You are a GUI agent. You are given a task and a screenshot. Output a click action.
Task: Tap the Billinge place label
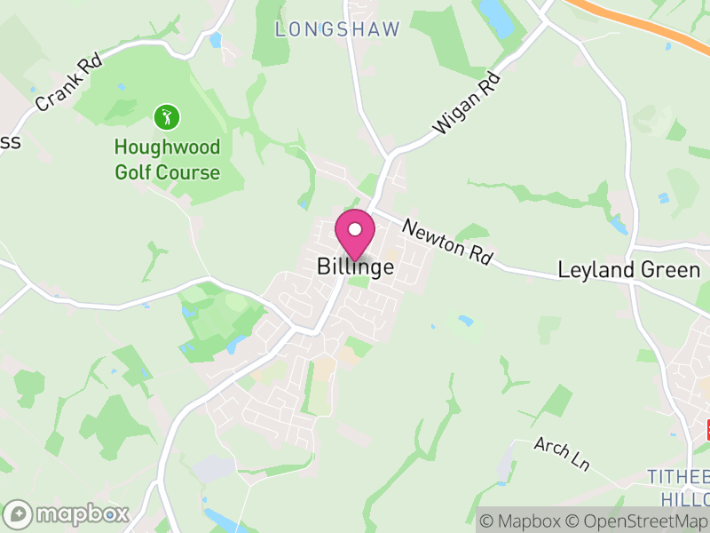[355, 267]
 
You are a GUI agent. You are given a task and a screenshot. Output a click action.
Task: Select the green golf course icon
[167, 116]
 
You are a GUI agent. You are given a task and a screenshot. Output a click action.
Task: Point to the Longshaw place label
[337, 29]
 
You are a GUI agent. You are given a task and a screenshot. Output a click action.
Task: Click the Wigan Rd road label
[467, 104]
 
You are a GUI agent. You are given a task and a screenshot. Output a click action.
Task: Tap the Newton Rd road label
[446, 242]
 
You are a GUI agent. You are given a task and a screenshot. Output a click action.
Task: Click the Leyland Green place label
[628, 270]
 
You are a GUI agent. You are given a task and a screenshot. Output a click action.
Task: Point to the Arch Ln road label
[562, 453]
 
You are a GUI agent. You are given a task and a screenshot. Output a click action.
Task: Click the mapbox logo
[67, 513]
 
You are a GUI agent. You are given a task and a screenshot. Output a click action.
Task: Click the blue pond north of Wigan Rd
[495, 18]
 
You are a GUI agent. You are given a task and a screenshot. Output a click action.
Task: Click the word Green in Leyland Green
[672, 270]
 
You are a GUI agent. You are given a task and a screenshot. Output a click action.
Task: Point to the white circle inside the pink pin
[355, 230]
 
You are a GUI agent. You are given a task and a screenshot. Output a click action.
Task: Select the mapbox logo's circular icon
[18, 513]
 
